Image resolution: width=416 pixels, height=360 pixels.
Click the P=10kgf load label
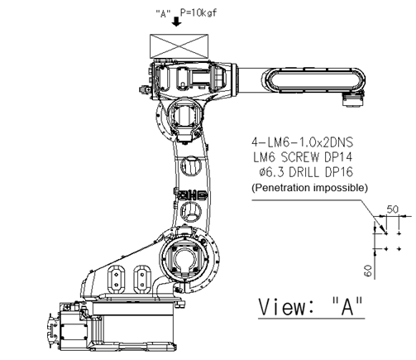pos(198,12)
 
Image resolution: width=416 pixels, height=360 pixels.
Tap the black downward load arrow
pos(176,22)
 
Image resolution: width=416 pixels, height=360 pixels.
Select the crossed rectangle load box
pos(179,46)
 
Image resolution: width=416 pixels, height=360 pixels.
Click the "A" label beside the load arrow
pos(163,13)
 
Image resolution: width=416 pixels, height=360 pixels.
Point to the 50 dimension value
pos(393,209)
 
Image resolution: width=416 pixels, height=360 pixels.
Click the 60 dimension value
pos(368,271)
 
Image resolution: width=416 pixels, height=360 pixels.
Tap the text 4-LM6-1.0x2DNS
pos(302,142)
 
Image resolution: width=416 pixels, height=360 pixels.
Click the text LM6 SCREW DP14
pos(303,157)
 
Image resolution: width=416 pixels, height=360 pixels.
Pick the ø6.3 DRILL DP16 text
pos(306,172)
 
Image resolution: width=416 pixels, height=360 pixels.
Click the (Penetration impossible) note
pos(309,188)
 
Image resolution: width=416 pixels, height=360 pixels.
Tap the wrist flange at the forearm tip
pos(352,101)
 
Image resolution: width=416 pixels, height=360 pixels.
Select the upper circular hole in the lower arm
pos(191,166)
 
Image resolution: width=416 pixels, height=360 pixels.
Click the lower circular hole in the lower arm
pos(190,211)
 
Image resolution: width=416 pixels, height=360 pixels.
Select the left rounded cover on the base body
pos(116,279)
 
